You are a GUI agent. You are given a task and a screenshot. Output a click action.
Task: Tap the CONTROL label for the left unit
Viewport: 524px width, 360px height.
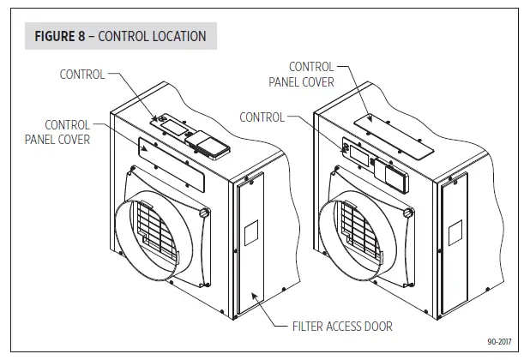(x=82, y=75)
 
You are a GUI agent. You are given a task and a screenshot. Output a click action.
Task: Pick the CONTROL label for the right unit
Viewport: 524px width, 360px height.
(x=262, y=117)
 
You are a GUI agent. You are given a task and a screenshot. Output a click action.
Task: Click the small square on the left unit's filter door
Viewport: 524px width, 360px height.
(x=251, y=231)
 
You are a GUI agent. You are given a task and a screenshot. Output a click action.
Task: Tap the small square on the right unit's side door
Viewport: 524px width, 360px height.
(x=455, y=230)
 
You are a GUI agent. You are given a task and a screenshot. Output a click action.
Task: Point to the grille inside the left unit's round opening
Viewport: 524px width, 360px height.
(x=158, y=228)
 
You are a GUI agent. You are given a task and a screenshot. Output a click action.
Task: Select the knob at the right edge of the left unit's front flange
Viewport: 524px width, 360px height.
(x=203, y=212)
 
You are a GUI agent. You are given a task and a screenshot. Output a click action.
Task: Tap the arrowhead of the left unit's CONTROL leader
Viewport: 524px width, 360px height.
(x=158, y=119)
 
